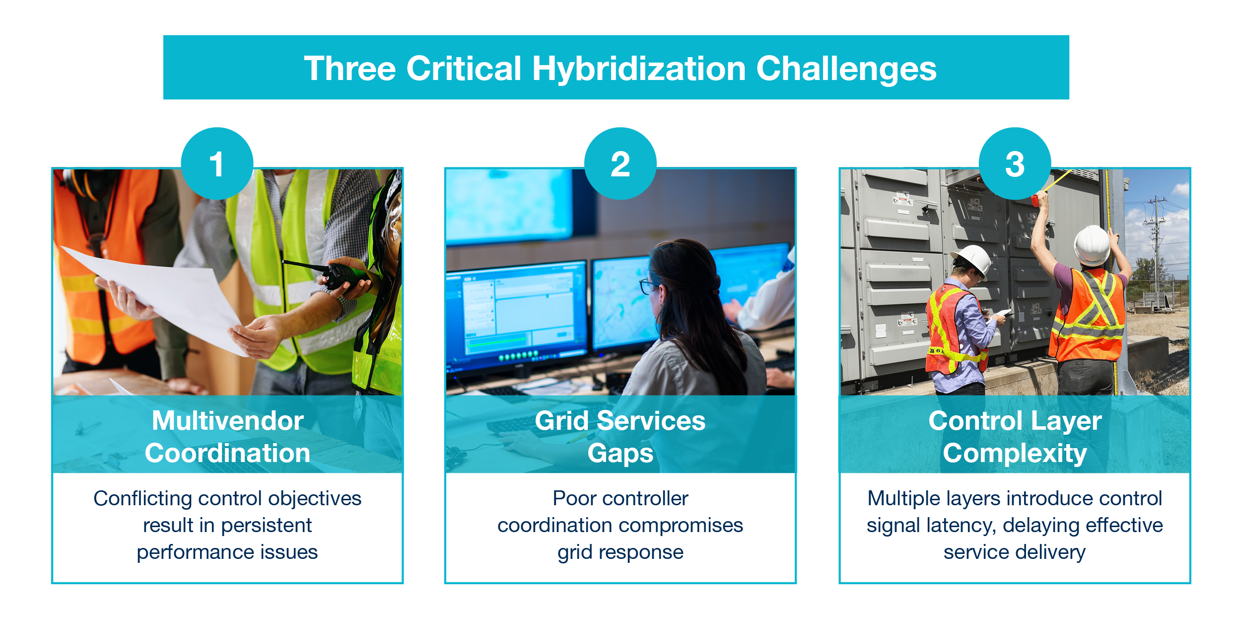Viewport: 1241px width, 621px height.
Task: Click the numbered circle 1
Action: pyautogui.click(x=217, y=163)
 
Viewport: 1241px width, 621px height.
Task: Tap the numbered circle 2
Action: pyautogui.click(x=620, y=163)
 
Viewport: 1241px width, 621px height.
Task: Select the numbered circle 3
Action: pyautogui.click(x=1015, y=163)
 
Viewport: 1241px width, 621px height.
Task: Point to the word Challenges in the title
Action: pyautogui.click(x=846, y=69)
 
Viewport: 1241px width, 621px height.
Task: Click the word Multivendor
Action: pyautogui.click(x=228, y=421)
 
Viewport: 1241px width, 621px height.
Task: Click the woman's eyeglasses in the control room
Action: pyautogui.click(x=648, y=287)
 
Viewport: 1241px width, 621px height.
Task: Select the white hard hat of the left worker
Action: pyautogui.click(x=972, y=258)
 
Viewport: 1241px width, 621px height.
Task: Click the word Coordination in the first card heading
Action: pyautogui.click(x=228, y=453)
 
